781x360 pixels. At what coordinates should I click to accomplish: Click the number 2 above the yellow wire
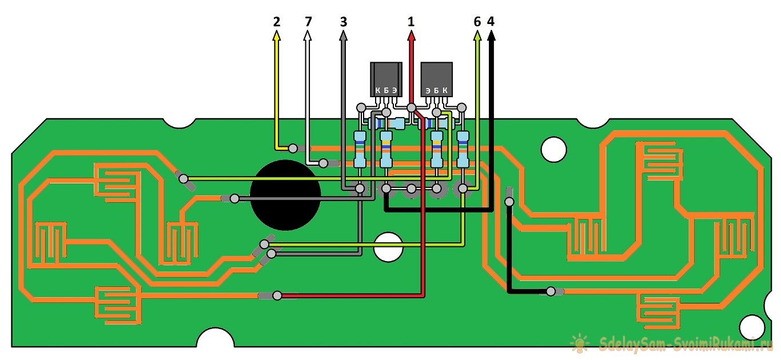tap(277, 22)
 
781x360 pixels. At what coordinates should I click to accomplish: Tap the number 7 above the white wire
tap(308, 22)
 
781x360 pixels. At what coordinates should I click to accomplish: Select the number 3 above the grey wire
tap(343, 22)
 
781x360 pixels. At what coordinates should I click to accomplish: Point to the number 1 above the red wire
tap(411, 22)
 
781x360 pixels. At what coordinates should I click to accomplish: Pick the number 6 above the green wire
tap(477, 22)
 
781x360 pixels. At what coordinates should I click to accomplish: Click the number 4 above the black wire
tap(492, 22)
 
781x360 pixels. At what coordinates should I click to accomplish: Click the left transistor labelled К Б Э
tap(386, 79)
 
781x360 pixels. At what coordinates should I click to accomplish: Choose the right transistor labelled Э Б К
tap(436, 79)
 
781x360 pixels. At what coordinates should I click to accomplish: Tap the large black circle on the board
tap(285, 195)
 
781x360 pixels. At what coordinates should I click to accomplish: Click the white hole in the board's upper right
tap(553, 149)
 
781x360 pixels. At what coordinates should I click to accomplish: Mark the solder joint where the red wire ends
tap(277, 295)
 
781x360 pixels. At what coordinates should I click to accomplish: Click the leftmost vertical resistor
tap(360, 150)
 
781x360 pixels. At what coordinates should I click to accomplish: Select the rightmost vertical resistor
tap(463, 150)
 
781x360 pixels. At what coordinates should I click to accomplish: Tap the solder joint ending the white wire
tap(323, 163)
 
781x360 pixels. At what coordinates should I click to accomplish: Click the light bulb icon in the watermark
tap(579, 342)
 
